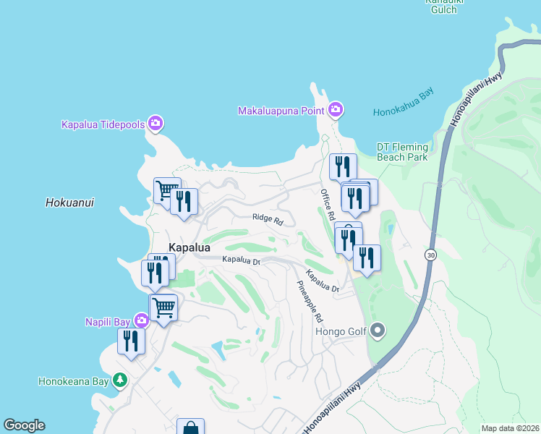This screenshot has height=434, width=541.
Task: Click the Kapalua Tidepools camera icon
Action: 155,124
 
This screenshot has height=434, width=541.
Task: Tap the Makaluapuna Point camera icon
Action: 335,110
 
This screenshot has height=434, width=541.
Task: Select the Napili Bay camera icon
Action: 140,320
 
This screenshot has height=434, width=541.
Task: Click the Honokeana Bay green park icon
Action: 120,380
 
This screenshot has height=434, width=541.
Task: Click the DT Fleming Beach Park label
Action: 402,152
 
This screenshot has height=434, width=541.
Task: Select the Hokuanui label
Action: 69,203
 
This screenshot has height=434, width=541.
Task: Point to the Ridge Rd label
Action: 267,218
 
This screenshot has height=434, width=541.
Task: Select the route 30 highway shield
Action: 430,255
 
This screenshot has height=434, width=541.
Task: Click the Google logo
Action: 24,425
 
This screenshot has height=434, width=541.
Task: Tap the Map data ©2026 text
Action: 510,428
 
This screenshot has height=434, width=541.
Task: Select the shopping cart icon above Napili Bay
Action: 163,307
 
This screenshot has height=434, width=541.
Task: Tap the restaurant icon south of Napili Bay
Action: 131,341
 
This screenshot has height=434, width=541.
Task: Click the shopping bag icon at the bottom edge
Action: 190,427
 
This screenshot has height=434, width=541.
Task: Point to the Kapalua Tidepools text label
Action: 103,124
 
